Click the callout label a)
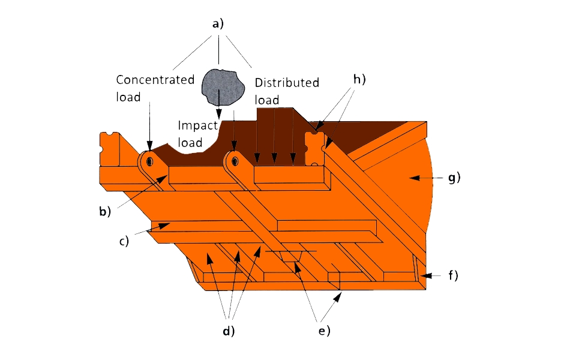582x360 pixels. pyautogui.click(x=218, y=25)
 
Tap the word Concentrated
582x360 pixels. pyautogui.click(x=155, y=80)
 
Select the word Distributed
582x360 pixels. pyautogui.click(x=287, y=83)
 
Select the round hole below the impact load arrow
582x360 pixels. pyautogui.click(x=235, y=160)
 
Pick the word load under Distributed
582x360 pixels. pyautogui.click(x=267, y=100)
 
